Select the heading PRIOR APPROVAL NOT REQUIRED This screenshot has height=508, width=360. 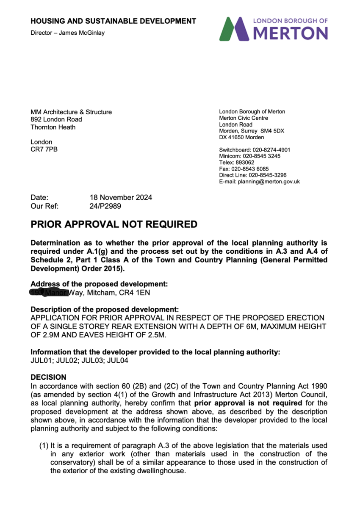114,224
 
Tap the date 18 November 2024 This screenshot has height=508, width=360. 121,197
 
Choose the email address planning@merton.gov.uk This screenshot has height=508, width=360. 269,182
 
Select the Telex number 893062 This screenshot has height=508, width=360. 245,163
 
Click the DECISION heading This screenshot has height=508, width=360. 48,377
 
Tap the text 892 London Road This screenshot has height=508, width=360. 56,119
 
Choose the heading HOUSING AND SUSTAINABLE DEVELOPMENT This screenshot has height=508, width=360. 113,21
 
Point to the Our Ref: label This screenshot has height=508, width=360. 44,206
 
